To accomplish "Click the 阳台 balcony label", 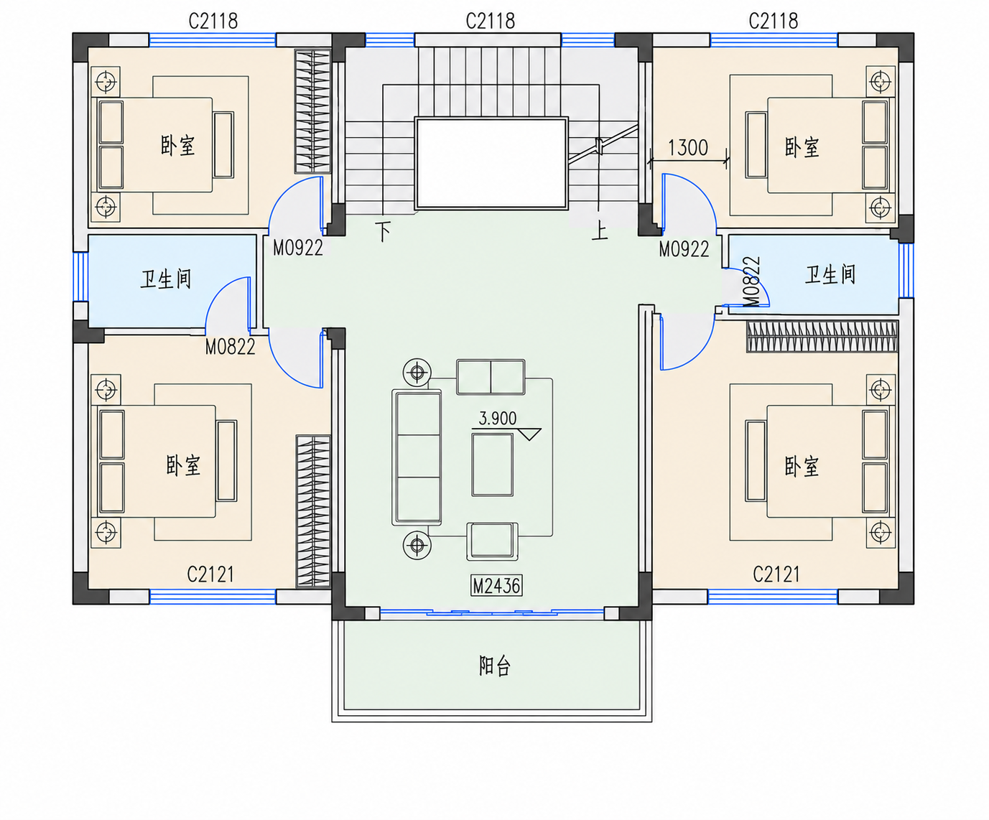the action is (x=494, y=666).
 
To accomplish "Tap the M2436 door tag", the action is (x=496, y=586).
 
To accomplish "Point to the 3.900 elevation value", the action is (x=497, y=419).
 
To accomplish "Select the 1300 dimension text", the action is (x=688, y=148).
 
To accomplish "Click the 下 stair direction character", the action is (x=383, y=231).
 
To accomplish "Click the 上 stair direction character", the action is (x=600, y=231).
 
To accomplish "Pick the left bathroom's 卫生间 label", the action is (x=166, y=279).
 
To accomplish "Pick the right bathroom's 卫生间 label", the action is (x=830, y=274).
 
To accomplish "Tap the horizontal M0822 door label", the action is (x=231, y=347).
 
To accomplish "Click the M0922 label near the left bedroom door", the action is (x=298, y=248).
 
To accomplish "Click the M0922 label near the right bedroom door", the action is (x=684, y=249).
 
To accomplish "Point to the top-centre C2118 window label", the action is (x=491, y=22).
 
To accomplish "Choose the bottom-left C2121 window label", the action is (x=210, y=574).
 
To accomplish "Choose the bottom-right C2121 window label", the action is (x=776, y=574).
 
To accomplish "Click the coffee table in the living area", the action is (x=492, y=465).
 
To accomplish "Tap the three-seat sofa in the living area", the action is (x=417, y=457).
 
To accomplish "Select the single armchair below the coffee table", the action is (x=492, y=541).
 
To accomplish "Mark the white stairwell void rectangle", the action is (x=491, y=163).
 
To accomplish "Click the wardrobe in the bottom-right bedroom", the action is (x=822, y=337).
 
